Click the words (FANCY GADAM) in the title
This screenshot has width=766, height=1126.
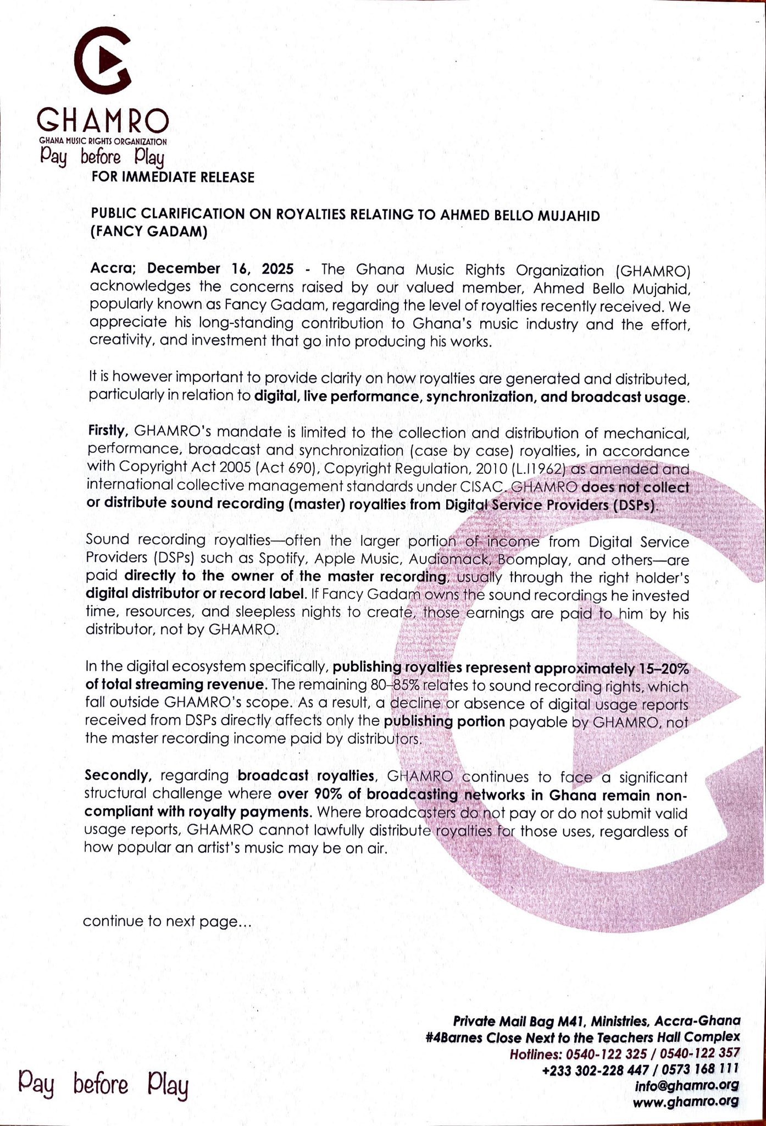[148, 232]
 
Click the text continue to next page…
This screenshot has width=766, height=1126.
[167, 921]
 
